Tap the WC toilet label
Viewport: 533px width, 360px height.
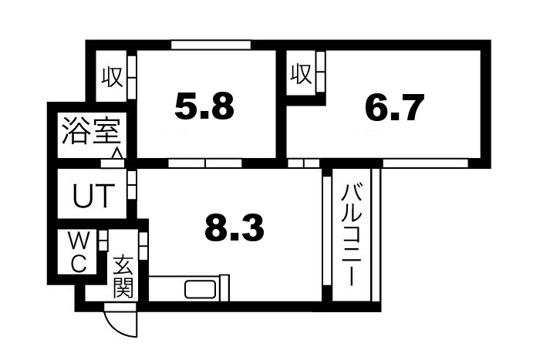point(79,251)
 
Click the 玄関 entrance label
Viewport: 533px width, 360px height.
point(122,278)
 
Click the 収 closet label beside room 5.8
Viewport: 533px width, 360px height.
point(112,77)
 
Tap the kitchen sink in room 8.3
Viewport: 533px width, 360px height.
point(201,290)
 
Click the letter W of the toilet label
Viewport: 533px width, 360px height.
point(79,241)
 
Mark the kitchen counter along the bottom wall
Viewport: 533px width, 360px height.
point(189,289)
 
